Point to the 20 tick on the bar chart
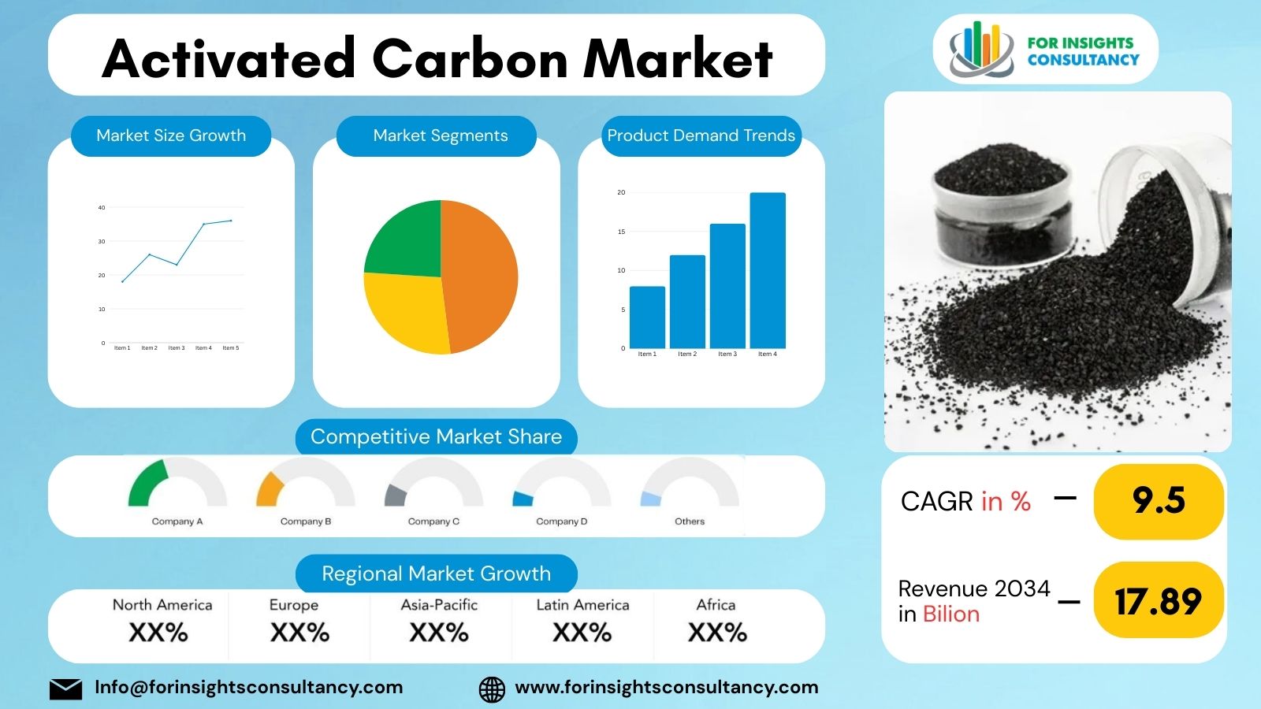(621, 192)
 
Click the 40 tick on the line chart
(101, 208)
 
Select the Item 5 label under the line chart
(230, 347)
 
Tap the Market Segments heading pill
(440, 135)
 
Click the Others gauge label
(690, 522)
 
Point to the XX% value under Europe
(299, 633)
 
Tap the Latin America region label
(582, 605)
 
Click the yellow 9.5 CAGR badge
(1158, 501)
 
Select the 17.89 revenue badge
(1158, 602)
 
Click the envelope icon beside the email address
(65, 689)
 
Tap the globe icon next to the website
(492, 689)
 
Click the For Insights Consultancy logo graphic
(980, 50)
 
